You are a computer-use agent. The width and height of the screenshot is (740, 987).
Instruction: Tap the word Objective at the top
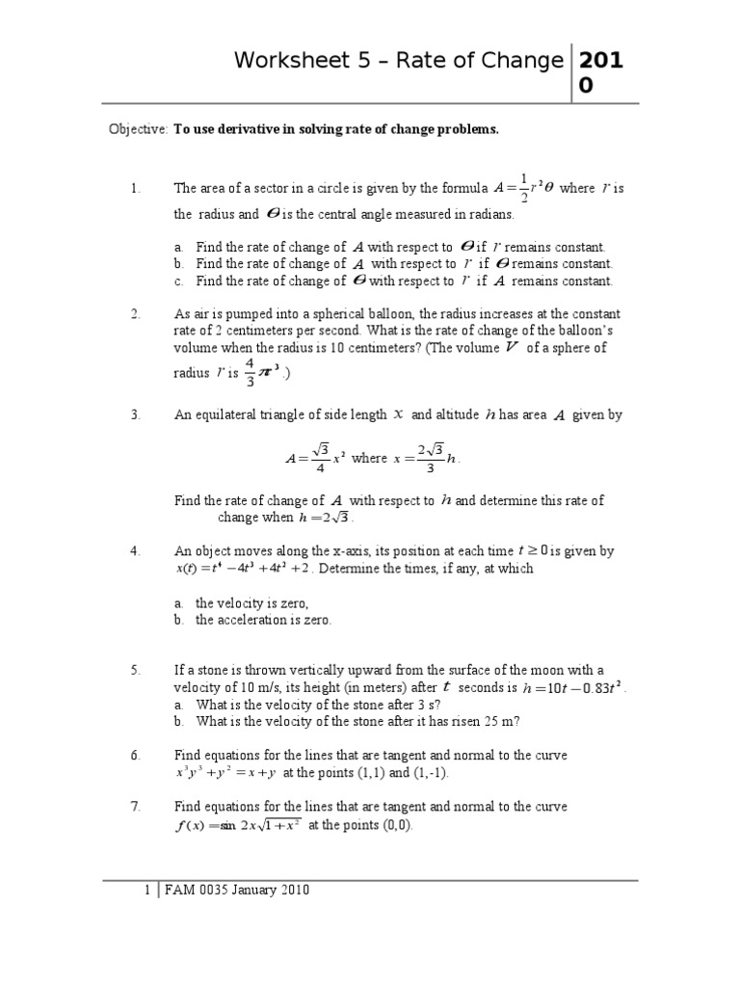(138, 129)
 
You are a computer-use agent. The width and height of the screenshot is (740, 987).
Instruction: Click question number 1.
(136, 189)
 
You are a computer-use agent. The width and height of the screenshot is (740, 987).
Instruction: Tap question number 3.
(136, 415)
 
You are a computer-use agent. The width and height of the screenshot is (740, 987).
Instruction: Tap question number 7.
(136, 806)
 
